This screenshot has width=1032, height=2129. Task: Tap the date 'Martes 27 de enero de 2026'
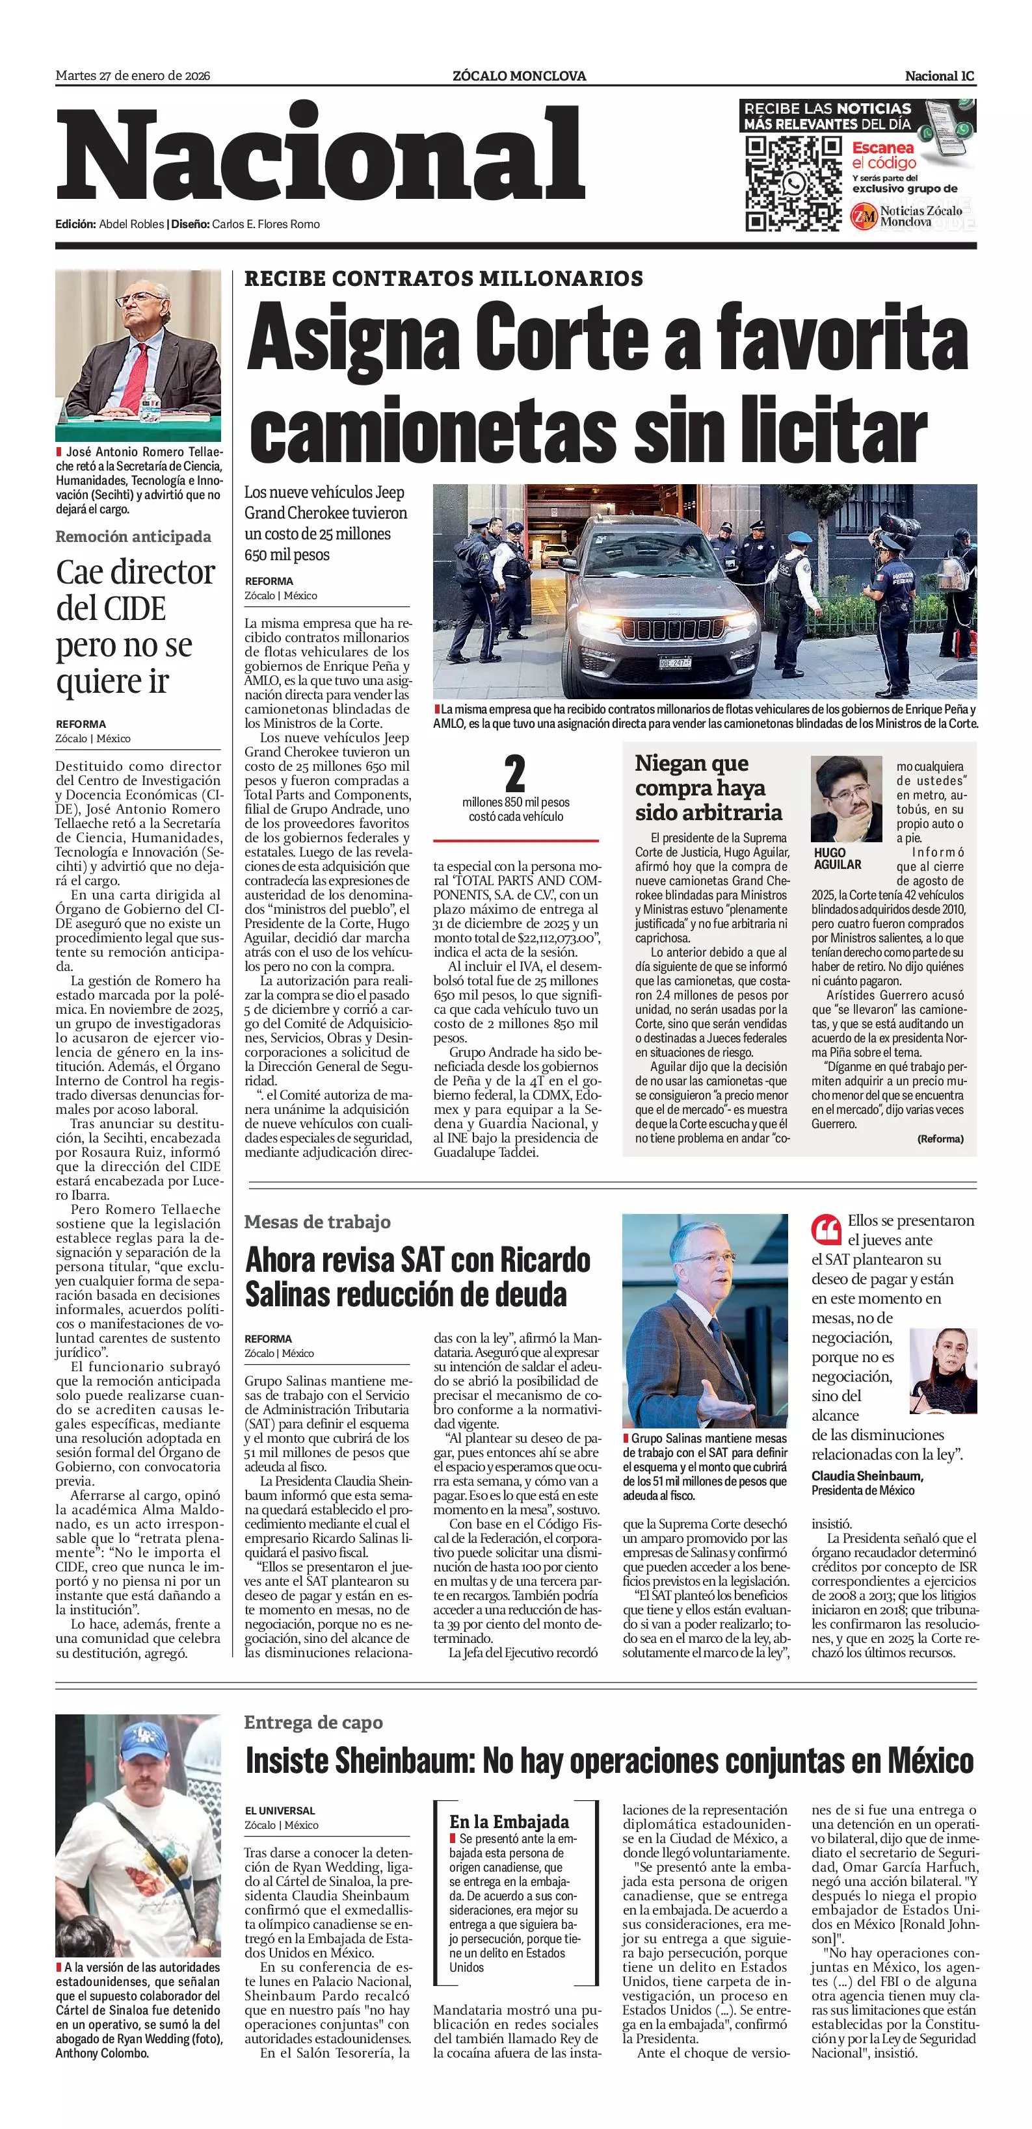pos(132,76)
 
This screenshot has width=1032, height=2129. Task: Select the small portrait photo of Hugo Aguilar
pos(845,798)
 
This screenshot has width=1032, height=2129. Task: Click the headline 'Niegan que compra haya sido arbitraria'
pos(709,788)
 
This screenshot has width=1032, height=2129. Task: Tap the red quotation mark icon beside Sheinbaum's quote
pos(826,1229)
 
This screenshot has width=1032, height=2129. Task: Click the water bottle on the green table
pos(150,407)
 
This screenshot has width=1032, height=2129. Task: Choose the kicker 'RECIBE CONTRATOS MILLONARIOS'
pos(443,279)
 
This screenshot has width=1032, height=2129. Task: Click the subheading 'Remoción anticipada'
pos(133,536)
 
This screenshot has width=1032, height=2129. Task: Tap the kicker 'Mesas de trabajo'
pos(317,1222)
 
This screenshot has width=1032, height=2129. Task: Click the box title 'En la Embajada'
pos(509,1822)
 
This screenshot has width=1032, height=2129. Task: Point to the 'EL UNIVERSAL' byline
pos(280,1810)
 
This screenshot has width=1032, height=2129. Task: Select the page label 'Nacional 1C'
pos(940,76)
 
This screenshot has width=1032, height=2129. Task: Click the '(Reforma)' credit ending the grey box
pos(940,1138)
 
